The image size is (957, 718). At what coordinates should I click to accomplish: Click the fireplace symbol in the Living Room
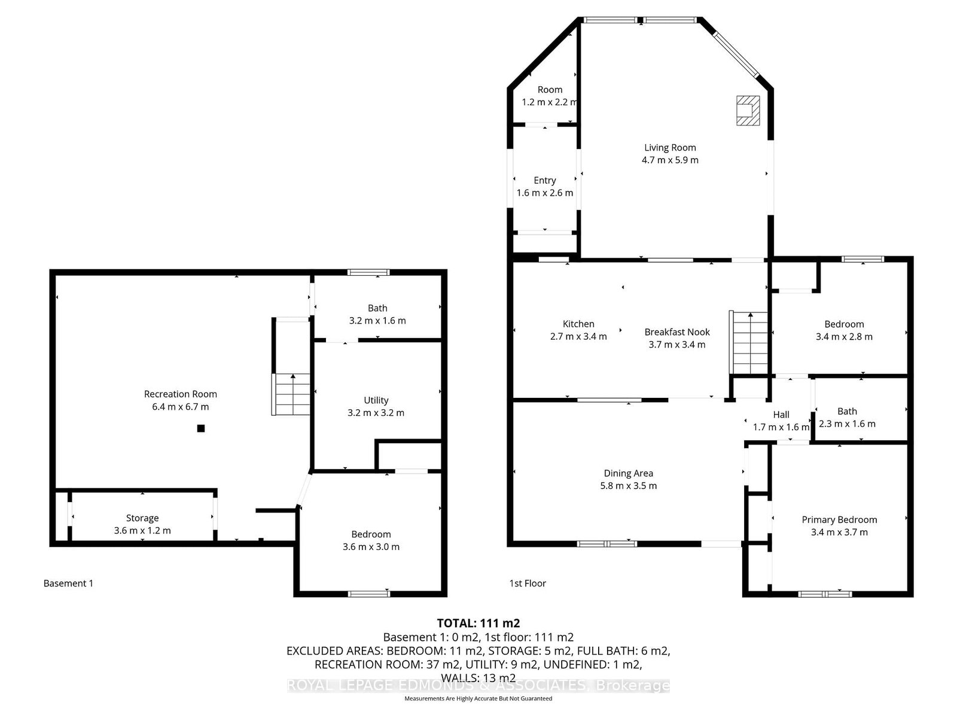[x=748, y=111]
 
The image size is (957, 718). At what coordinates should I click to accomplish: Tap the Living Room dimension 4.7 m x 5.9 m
[x=670, y=160]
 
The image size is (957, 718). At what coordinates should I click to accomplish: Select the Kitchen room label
[x=578, y=324]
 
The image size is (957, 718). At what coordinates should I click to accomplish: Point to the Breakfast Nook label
[x=676, y=332]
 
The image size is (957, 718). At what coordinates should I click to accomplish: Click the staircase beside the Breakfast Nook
[x=749, y=343]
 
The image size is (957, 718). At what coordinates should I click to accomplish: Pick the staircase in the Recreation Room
[x=291, y=394]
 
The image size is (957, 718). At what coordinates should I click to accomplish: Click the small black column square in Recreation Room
[x=201, y=428]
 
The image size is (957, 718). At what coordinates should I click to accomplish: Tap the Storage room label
[x=142, y=518]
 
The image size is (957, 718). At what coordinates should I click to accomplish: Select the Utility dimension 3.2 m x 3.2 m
[x=376, y=413]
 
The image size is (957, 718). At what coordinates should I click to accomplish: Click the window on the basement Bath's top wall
[x=368, y=272]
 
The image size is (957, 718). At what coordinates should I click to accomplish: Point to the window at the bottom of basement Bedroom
[x=368, y=594]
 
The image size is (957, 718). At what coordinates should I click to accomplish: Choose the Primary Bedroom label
[x=839, y=519]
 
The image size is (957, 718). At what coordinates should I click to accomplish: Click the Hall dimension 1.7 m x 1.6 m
[x=781, y=427]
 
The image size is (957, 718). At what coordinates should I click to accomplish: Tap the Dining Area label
[x=628, y=473]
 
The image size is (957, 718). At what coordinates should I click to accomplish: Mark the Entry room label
[x=544, y=181]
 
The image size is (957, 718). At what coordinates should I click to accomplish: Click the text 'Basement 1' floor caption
[x=68, y=583]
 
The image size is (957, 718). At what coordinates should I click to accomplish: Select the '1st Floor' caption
[x=528, y=583]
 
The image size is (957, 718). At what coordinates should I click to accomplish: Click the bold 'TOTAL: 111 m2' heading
[x=478, y=623]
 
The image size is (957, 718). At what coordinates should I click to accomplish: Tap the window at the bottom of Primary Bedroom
[x=825, y=594]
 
